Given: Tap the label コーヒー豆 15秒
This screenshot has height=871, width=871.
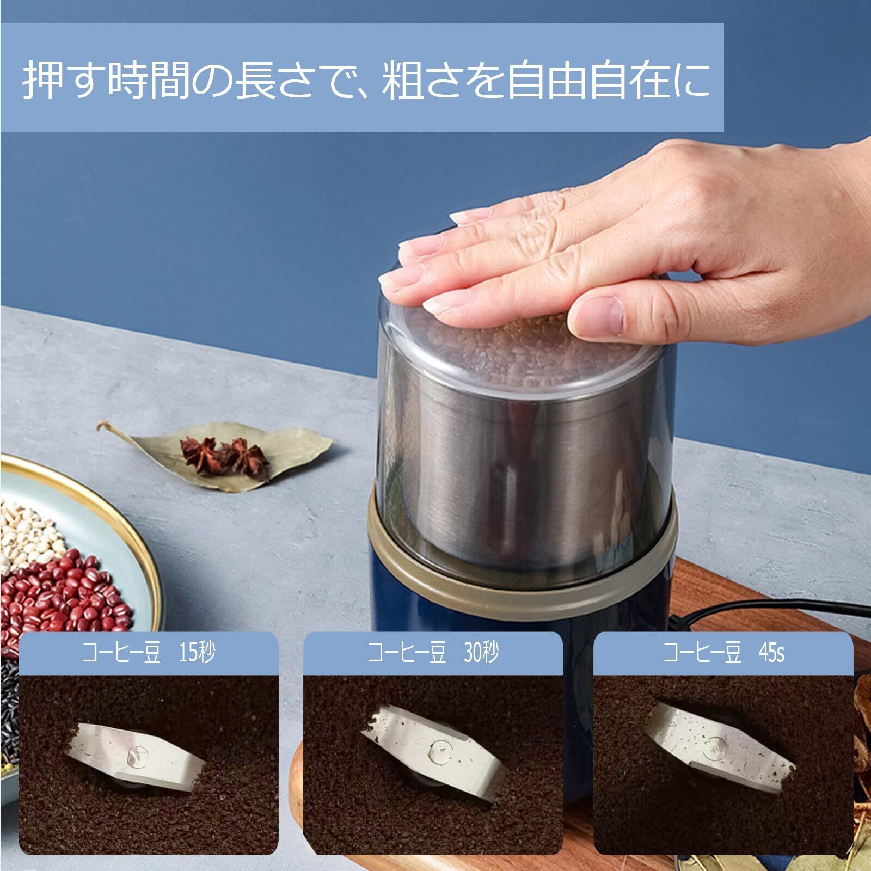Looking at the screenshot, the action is (x=149, y=653).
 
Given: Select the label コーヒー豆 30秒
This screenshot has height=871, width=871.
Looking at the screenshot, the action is (x=433, y=653).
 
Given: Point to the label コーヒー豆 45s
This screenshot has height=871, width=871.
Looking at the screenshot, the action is (x=723, y=653).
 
